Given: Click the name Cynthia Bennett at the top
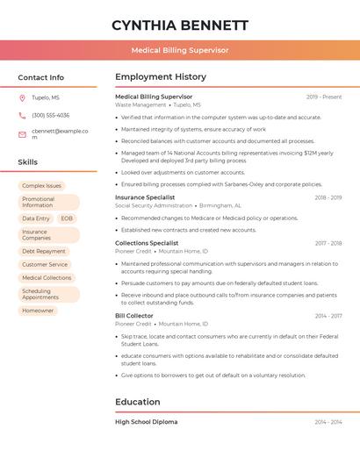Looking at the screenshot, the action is click(180, 25).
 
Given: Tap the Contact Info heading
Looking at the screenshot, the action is click(40, 77).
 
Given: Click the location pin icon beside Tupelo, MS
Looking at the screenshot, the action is click(22, 98).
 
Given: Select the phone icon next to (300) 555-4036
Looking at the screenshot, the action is click(22, 116).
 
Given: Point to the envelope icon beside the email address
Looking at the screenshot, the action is click(22, 133).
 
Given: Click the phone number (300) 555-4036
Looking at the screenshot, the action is click(50, 116).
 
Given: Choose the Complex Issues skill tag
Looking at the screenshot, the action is click(41, 186).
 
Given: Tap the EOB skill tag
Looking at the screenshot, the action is click(67, 218).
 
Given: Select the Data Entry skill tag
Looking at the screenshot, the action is click(36, 218).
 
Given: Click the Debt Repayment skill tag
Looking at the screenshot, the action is click(44, 251).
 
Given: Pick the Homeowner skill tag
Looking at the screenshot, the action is click(38, 311).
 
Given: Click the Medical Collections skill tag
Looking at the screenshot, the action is click(47, 277).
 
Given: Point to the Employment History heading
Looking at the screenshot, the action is click(161, 77).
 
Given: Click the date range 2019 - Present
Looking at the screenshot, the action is click(324, 97).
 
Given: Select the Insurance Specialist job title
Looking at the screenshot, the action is click(145, 197).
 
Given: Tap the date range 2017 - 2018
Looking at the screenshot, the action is click(328, 243).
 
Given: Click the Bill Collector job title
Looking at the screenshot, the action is click(134, 316).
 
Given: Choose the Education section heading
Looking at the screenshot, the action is click(137, 402).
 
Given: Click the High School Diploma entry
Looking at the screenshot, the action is click(146, 422).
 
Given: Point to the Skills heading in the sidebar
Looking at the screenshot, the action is click(28, 162).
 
